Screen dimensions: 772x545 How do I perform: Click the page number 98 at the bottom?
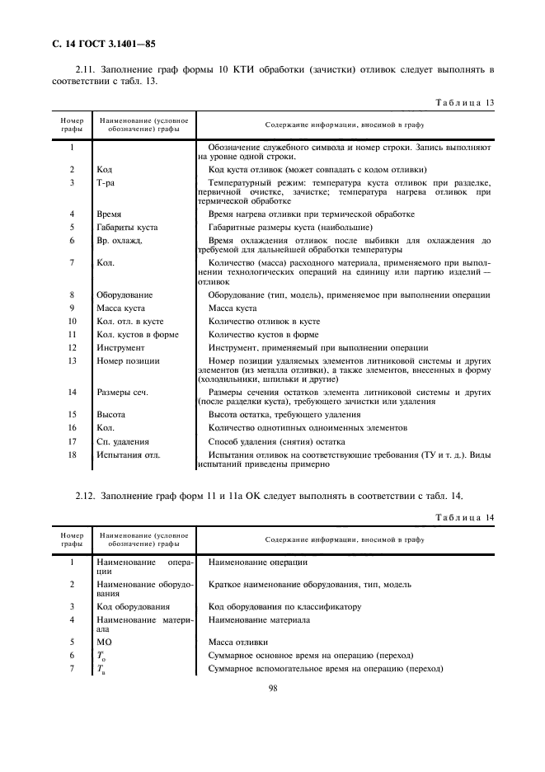click(272, 713)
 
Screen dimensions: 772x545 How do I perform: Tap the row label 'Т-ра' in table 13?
click(105, 182)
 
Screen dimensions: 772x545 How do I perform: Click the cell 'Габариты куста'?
click(127, 227)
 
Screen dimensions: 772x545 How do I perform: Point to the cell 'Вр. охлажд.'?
click(120, 241)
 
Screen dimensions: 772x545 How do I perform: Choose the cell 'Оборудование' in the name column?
click(125, 294)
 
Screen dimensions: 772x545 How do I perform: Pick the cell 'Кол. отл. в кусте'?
click(131, 321)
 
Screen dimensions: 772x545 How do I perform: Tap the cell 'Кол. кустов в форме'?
click(137, 334)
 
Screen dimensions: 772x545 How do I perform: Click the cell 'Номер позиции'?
click(128, 360)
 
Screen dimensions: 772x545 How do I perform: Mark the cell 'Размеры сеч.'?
click(122, 392)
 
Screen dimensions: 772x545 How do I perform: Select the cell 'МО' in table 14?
click(104, 641)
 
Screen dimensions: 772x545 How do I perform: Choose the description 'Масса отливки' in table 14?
click(239, 641)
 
